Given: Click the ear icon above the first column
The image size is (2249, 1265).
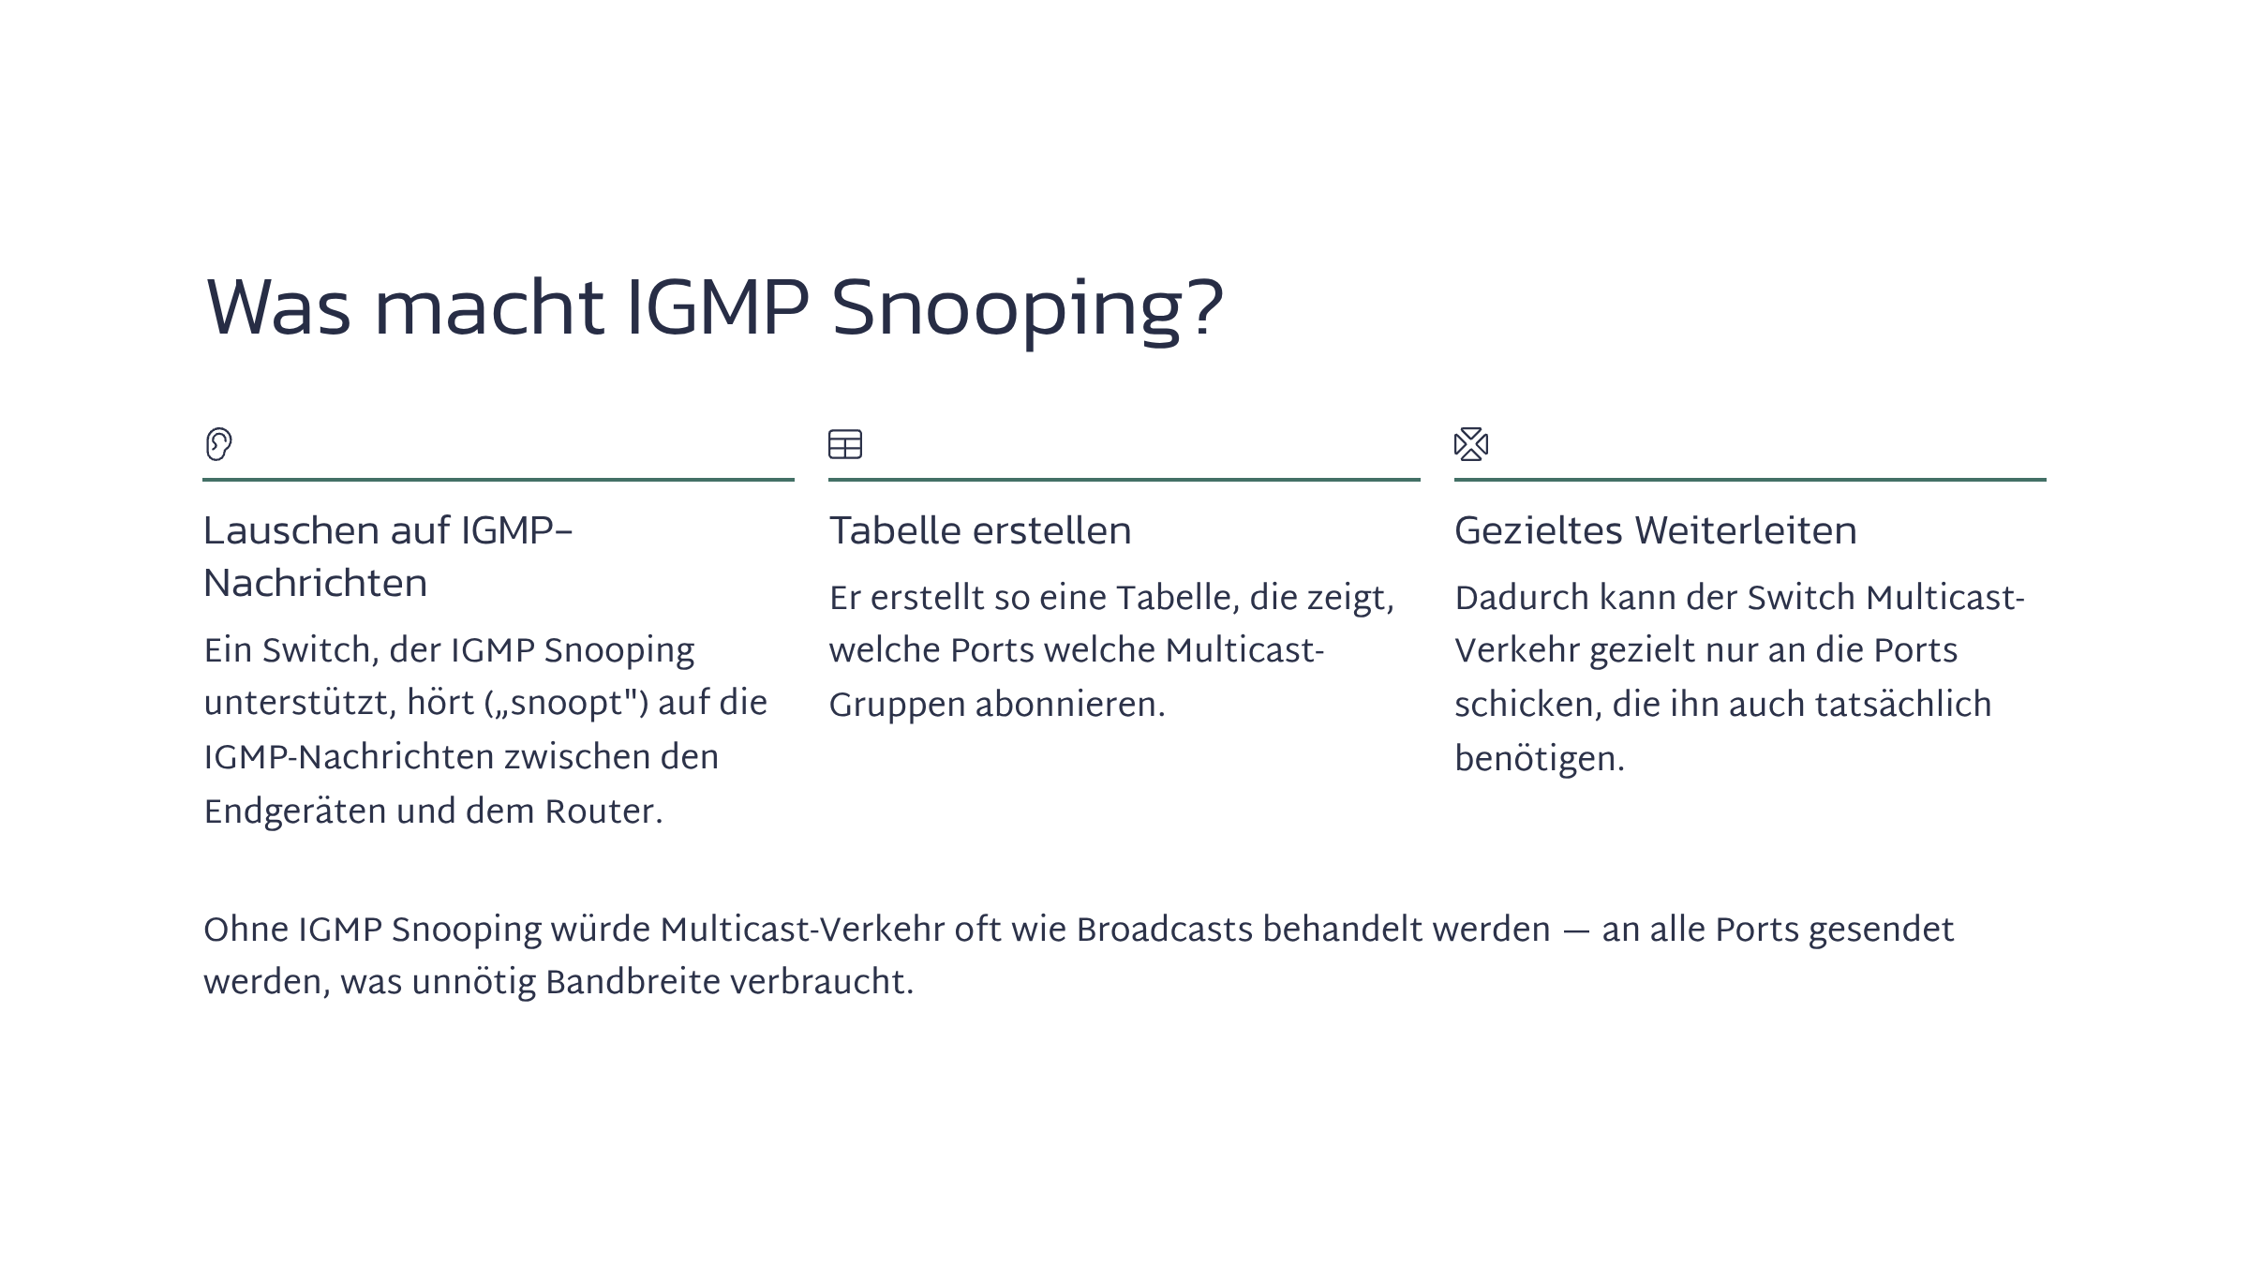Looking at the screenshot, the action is pos(218,444).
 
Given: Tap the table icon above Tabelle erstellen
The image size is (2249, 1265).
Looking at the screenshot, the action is pos(845,444).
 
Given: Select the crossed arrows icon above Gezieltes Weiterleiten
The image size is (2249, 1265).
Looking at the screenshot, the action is pos(1471,444).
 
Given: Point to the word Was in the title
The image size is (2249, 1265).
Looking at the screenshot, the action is pos(278,309).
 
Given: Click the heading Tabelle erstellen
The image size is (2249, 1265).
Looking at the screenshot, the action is pos(980,531).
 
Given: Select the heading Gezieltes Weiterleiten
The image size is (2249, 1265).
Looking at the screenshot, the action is pos(1656,531).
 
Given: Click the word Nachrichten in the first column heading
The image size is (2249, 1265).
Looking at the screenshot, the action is pos(316,584).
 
